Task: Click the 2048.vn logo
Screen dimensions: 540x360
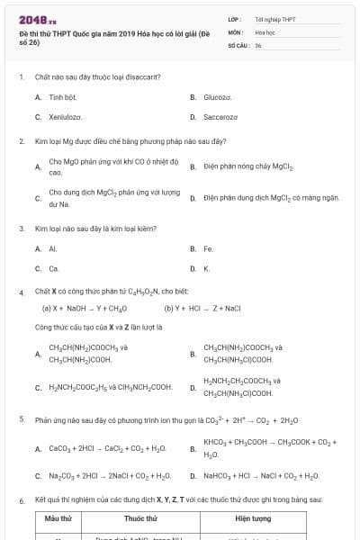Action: (33, 18)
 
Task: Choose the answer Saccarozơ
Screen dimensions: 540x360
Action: (220, 117)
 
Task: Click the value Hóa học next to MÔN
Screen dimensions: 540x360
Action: (265, 31)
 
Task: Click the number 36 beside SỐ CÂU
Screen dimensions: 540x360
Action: (258, 44)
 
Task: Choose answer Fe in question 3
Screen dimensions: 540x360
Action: (208, 248)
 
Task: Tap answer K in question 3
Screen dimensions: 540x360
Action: (206, 268)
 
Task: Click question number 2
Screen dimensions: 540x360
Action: (22, 141)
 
